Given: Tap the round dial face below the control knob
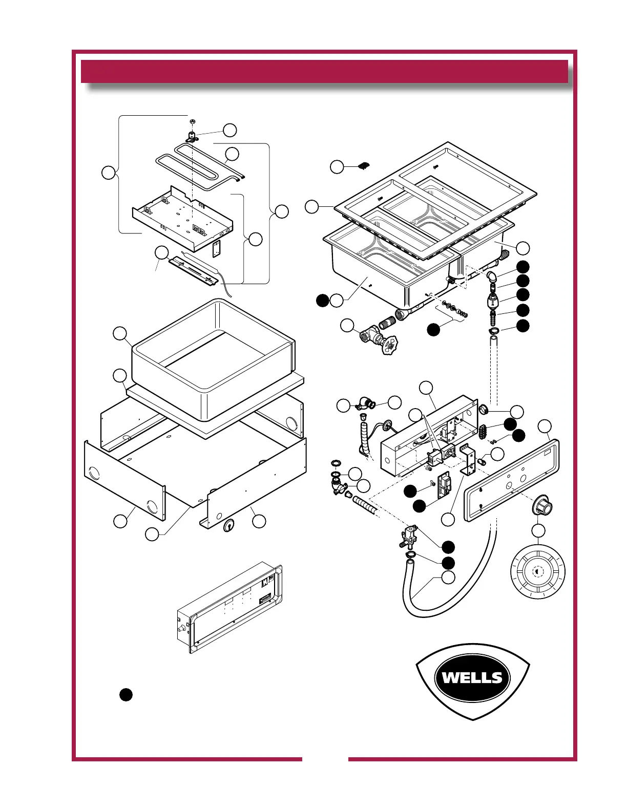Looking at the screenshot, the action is point(537,571).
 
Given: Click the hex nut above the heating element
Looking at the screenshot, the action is point(192,121).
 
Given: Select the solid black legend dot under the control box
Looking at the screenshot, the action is point(126,695).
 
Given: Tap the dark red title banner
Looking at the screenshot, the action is point(324,71).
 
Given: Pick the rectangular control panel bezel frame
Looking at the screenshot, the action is point(512,480).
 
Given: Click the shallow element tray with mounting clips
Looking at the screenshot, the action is point(182,219).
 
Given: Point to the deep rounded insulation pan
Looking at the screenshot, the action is point(214,360).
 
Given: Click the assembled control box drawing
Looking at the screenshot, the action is point(229,609).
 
